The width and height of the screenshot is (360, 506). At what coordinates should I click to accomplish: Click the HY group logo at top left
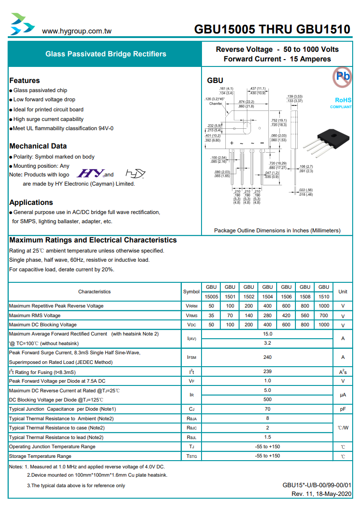point(22,24)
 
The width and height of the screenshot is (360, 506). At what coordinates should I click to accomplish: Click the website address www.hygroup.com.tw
point(77,31)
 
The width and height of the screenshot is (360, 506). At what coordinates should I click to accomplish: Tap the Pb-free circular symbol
point(342,76)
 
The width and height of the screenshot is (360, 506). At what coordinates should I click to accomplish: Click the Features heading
point(25,80)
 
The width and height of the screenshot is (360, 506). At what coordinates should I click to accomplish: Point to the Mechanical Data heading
point(38,146)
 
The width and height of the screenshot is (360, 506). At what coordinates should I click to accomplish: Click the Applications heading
point(31,202)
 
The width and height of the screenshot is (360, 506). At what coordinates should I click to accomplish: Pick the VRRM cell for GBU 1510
point(323,306)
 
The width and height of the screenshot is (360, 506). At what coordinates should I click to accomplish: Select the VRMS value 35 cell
point(211,315)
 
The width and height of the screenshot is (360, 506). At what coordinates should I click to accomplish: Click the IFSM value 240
point(267,357)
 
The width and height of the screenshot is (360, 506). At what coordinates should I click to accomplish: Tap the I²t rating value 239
point(267,372)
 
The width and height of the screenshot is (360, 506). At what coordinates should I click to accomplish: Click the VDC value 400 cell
point(267,324)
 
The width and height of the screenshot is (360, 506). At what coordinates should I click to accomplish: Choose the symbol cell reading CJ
point(191,409)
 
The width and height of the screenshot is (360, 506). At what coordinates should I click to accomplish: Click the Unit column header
point(343,291)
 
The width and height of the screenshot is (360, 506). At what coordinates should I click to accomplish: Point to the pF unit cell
point(343,409)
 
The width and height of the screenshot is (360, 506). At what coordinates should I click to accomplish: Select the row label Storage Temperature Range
point(40,456)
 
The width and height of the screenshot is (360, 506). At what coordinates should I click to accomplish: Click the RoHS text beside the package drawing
point(343,100)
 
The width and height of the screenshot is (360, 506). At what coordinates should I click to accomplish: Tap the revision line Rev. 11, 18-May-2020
point(322,494)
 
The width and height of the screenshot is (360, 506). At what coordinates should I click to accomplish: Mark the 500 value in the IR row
point(267,400)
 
